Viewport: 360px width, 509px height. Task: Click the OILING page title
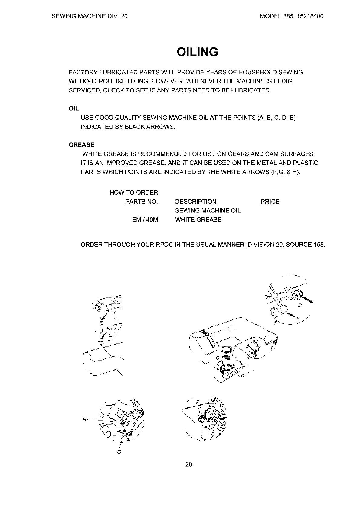pyautogui.click(x=197, y=52)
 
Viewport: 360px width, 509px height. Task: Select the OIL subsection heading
pyautogui.click(x=74, y=109)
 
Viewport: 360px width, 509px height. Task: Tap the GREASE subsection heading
pyautogui.click(x=81, y=145)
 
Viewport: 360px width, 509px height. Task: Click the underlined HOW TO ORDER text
pyautogui.click(x=134, y=193)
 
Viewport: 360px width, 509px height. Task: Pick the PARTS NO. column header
pyautogui.click(x=142, y=202)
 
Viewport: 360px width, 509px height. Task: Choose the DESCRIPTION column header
pyautogui.click(x=196, y=202)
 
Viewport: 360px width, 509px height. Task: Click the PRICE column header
pyautogui.click(x=270, y=202)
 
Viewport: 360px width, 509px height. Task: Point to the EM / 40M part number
pyautogui.click(x=145, y=220)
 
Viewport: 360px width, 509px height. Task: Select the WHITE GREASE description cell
pyautogui.click(x=198, y=220)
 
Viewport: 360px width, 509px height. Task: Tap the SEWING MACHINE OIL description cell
pyautogui.click(x=208, y=211)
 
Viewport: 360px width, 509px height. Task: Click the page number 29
pyautogui.click(x=188, y=465)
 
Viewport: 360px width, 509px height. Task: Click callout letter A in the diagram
pyautogui.click(x=107, y=310)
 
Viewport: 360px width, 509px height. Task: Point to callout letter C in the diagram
pyautogui.click(x=217, y=358)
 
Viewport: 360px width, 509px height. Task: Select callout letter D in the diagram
pyautogui.click(x=300, y=305)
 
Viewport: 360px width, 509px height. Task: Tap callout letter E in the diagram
pyautogui.click(x=298, y=319)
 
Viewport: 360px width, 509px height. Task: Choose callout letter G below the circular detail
pyautogui.click(x=119, y=452)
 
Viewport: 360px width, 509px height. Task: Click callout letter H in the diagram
pyautogui.click(x=85, y=419)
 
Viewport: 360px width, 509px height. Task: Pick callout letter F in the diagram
pyautogui.click(x=198, y=402)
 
